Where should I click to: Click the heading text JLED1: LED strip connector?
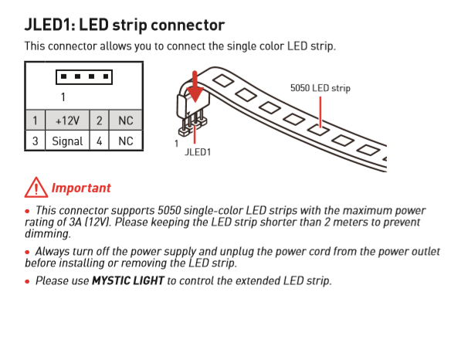click(124, 25)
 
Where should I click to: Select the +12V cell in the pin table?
click(66, 121)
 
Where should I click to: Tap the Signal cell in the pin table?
click(66, 141)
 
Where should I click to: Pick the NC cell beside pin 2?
click(124, 121)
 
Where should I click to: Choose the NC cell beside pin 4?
click(124, 141)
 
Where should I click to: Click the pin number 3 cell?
click(35, 141)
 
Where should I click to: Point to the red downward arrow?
click(195, 89)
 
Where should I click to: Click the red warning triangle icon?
click(36, 187)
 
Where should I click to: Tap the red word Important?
click(81, 188)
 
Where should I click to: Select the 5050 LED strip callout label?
click(320, 88)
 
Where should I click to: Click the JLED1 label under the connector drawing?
click(198, 152)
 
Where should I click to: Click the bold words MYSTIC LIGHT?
click(127, 280)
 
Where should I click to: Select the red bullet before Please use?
click(28, 281)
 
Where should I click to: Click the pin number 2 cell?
click(99, 121)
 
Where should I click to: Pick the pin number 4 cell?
click(99, 141)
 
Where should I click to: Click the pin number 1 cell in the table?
click(35, 121)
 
